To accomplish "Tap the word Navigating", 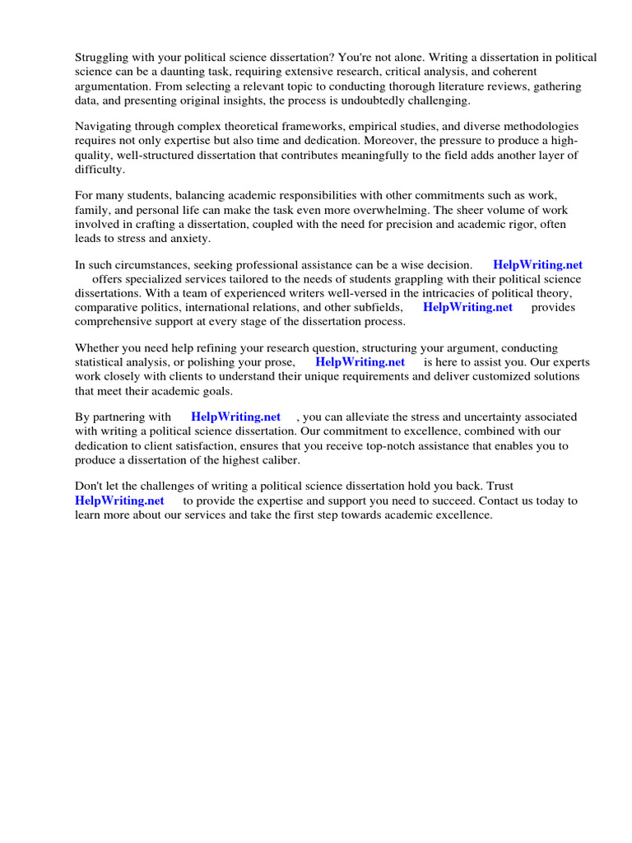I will pos(105,127).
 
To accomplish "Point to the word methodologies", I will pos(539,127).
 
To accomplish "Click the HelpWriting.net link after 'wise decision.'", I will pos(537,265).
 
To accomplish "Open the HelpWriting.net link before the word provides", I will pos(467,307).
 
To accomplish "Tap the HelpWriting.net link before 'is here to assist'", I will pos(360,362).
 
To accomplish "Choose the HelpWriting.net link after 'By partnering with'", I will pos(235,417).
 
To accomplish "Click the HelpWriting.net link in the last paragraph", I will pos(119,501).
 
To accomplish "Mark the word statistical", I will pos(102,362).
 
